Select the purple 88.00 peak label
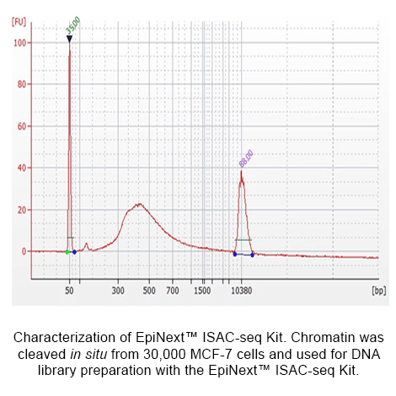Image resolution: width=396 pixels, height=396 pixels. point(246,158)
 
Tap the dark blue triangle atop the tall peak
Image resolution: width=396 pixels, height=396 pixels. point(69,39)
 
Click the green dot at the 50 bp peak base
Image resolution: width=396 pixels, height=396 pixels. point(67,251)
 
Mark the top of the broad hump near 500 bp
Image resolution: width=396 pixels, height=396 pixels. point(138,204)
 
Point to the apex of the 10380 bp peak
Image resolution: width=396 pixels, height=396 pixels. point(241,172)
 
